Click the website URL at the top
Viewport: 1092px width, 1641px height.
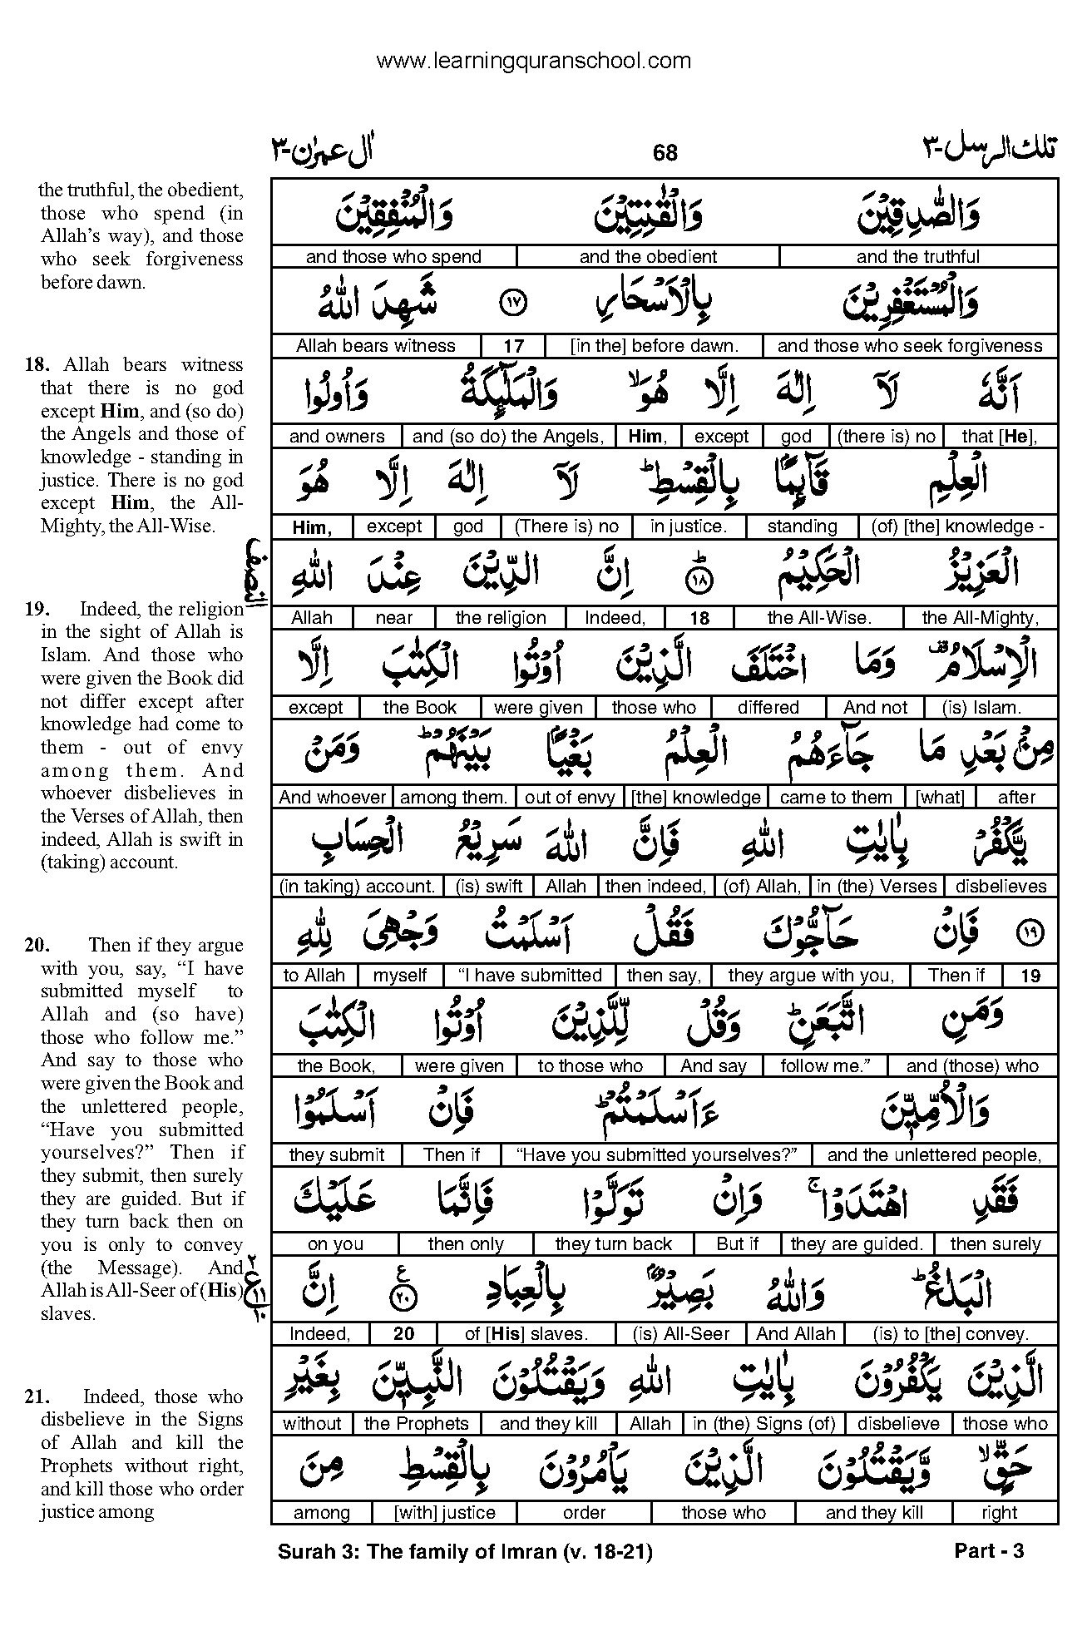[x=533, y=61]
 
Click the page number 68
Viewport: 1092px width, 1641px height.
[x=665, y=152]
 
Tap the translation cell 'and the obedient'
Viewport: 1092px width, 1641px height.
[x=648, y=257]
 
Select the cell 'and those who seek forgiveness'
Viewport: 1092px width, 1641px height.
[x=909, y=346]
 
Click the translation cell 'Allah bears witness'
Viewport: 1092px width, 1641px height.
[x=376, y=346]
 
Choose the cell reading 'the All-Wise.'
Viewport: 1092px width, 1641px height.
[x=818, y=618]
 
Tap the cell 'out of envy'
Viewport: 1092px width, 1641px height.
[x=570, y=798]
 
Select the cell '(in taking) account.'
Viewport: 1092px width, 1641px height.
[x=358, y=887]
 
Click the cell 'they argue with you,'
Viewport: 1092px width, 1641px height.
[x=811, y=976]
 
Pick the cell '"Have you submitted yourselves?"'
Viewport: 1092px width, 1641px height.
[x=656, y=1155]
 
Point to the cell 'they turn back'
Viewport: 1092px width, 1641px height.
[x=613, y=1244]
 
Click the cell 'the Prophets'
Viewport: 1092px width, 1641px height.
[x=417, y=1424]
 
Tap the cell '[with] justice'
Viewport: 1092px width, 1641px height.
[x=445, y=1513]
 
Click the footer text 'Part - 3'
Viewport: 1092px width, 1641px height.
[x=988, y=1551]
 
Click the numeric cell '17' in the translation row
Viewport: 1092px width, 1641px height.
[x=513, y=346]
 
